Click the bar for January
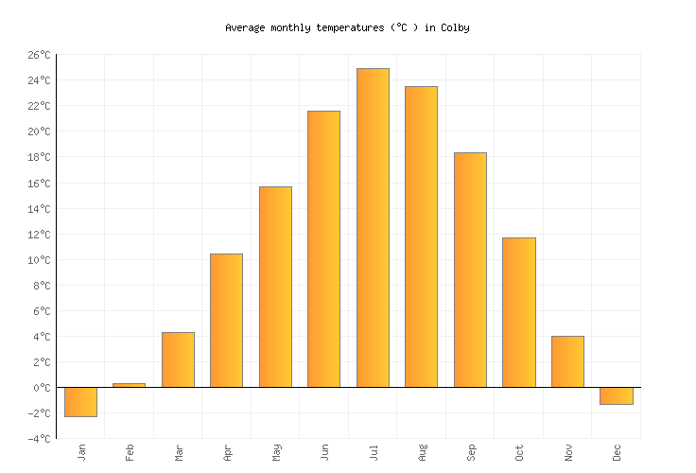80,402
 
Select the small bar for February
129,385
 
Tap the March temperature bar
178,359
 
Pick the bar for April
226,321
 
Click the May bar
275,287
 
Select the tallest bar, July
373,228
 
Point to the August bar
421,236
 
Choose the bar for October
518,312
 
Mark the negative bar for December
616,396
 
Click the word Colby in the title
454,27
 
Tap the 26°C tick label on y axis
37,55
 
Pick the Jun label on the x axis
324,451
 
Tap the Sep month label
470,451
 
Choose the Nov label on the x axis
567,451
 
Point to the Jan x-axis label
81,451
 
